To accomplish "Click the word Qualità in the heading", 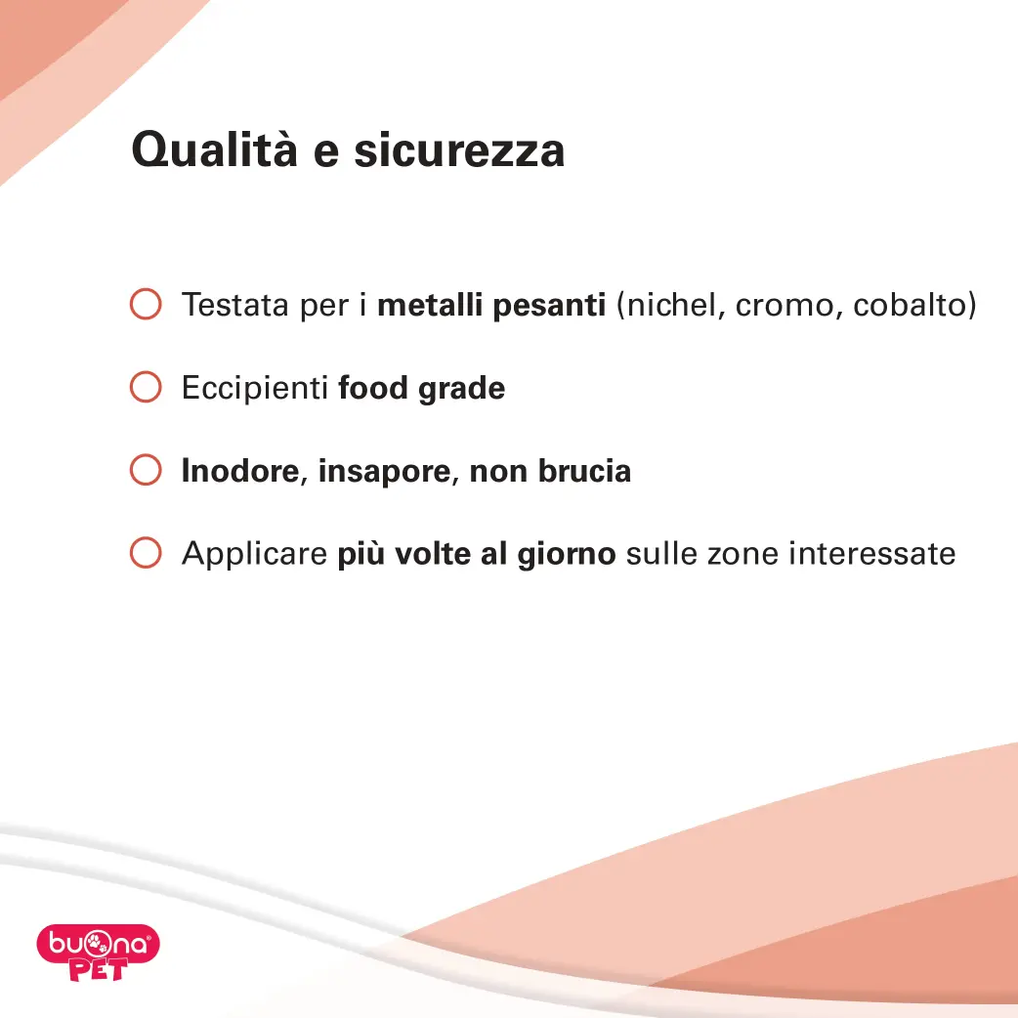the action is pos(214,150).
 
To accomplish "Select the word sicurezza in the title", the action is pos(459,150).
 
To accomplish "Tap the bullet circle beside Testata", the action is pos(146,304).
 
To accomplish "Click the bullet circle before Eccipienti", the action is pos(146,387).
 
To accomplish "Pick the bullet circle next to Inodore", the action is pos(146,470).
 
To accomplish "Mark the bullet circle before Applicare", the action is pos(146,553).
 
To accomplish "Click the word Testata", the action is pos(235,305).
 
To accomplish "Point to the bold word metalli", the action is pos(430,305).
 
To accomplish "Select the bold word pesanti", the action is pos(549,306).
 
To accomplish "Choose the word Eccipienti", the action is pos(255,388).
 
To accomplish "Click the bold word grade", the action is pos(461,389).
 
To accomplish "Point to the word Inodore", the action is pos(240,471).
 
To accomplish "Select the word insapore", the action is pos(384,472).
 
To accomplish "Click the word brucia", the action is pos(584,471).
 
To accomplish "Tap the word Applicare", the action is pos(254,555).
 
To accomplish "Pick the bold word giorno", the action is pos(566,555).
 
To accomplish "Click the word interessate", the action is pos(871,554).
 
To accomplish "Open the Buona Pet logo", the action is pos(98,952).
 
